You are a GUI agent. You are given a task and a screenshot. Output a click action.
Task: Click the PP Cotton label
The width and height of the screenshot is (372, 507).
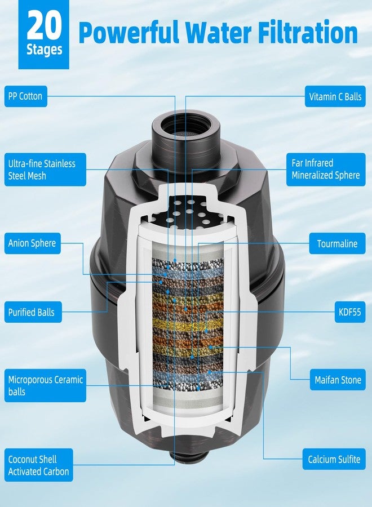click(25, 96)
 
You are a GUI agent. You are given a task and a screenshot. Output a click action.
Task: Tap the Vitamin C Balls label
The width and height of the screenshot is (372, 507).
click(335, 96)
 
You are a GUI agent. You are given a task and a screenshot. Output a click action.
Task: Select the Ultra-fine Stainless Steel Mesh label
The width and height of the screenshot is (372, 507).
click(42, 170)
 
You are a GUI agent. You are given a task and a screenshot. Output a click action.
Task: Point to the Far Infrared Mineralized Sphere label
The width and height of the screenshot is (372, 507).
click(325, 169)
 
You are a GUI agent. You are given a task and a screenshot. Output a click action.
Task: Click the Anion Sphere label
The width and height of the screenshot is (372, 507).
click(32, 243)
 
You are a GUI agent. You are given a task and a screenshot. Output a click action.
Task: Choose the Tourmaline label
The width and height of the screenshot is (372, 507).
click(337, 244)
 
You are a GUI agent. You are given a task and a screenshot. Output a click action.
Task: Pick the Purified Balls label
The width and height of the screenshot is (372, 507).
click(32, 312)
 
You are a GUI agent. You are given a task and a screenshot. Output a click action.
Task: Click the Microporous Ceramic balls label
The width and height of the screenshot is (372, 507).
click(45, 385)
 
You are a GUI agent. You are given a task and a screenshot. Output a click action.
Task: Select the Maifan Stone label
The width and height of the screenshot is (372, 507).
click(338, 380)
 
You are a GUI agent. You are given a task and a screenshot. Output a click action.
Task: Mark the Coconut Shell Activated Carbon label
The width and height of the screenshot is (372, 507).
click(38, 465)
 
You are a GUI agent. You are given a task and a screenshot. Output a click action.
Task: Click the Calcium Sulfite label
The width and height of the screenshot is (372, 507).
click(334, 459)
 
